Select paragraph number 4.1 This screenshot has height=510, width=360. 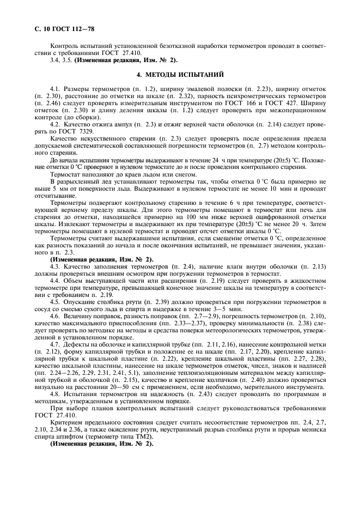[54, 88]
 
